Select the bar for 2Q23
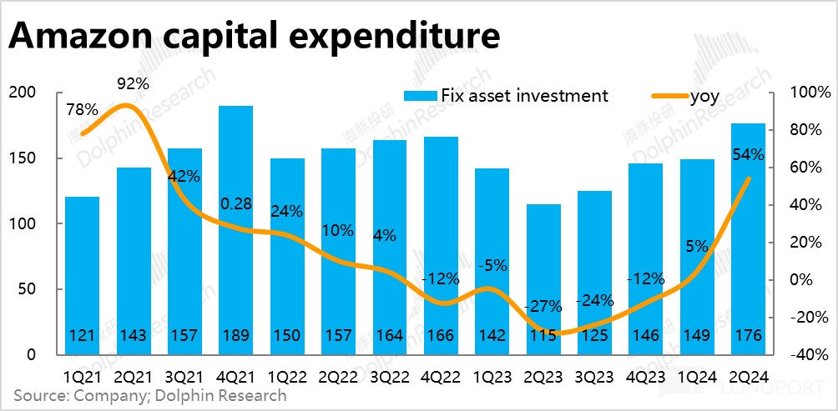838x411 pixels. click(x=543, y=275)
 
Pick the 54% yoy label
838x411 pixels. click(x=748, y=154)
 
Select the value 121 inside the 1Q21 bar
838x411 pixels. click(x=82, y=336)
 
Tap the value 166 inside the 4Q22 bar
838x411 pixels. click(x=441, y=336)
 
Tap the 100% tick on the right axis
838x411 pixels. click(x=807, y=93)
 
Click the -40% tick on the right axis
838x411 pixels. click(x=807, y=355)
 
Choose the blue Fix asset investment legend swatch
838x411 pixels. click(x=414, y=96)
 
